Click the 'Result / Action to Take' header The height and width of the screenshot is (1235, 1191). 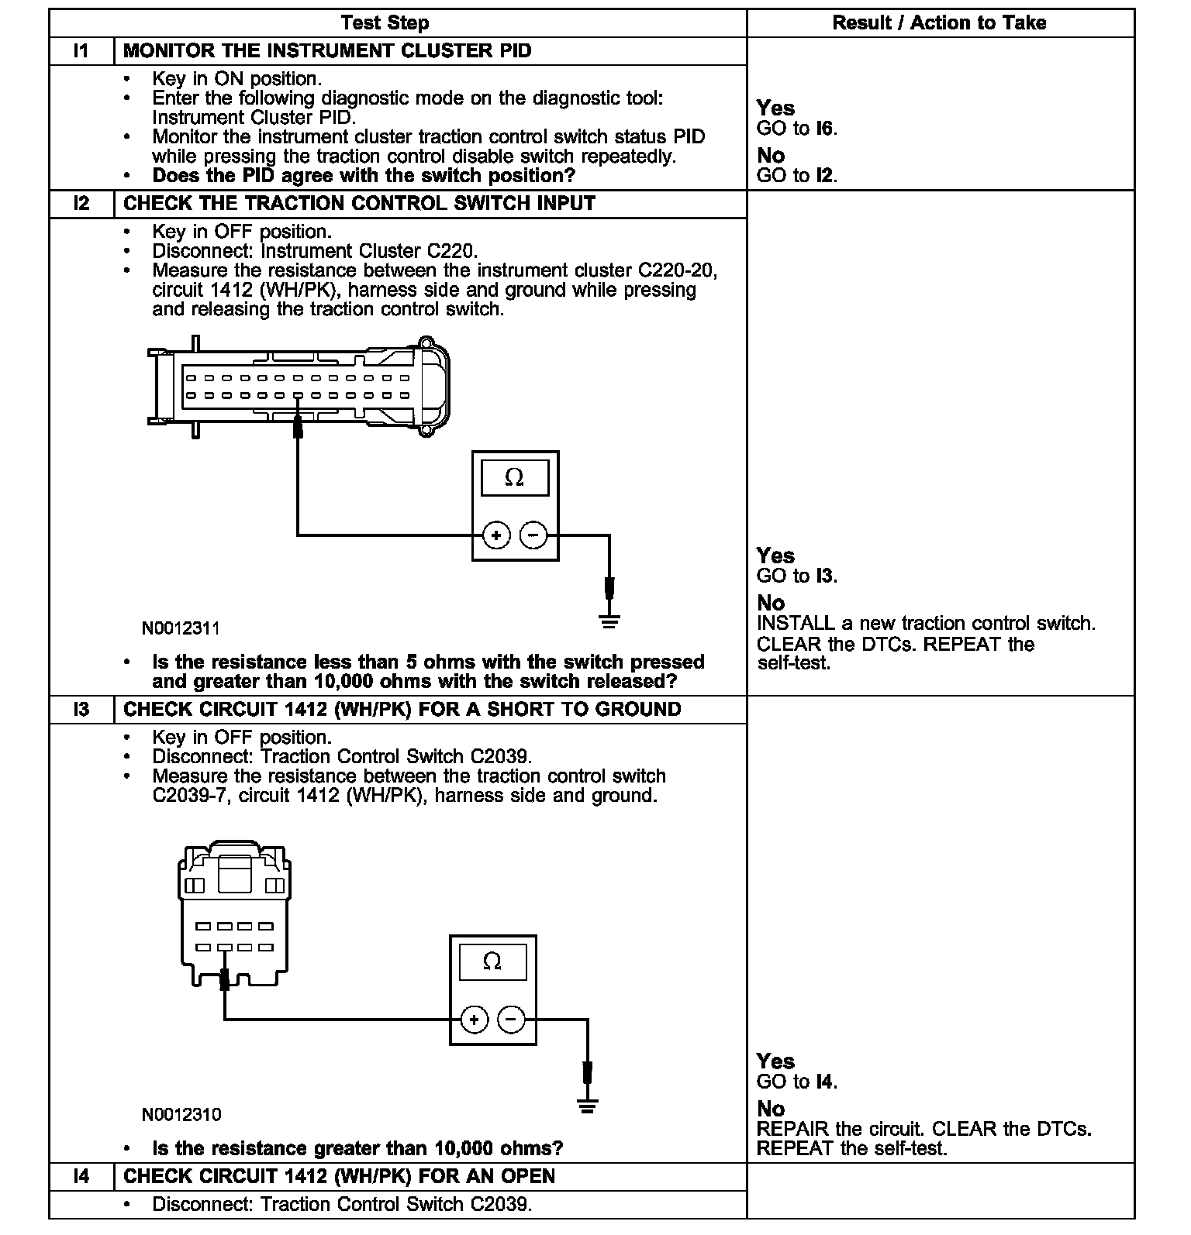coord(939,23)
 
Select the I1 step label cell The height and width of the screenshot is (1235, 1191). coord(81,51)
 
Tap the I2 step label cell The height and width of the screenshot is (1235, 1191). coord(81,204)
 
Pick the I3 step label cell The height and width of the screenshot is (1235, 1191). coord(81,710)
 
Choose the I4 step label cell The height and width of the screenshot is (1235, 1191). coord(81,1176)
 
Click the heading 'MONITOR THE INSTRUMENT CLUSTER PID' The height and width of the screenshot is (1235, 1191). coord(327,51)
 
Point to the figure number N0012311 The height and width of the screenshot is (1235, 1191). coord(181,628)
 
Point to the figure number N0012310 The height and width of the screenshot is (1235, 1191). coord(181,1115)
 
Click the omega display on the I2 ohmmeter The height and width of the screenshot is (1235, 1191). coord(515,478)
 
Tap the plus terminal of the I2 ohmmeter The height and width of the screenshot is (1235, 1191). coord(496,535)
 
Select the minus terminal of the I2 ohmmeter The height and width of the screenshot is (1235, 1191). coord(533,535)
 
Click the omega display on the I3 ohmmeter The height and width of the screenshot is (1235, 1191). coord(492,962)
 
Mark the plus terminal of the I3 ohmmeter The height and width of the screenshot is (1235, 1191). coord(475,1020)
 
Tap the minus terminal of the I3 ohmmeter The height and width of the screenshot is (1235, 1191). coord(511,1020)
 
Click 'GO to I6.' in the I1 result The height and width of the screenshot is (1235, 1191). coord(796,129)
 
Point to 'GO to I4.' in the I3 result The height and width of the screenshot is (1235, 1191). coord(796,1082)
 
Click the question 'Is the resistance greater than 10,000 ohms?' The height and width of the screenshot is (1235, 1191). coord(357,1148)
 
